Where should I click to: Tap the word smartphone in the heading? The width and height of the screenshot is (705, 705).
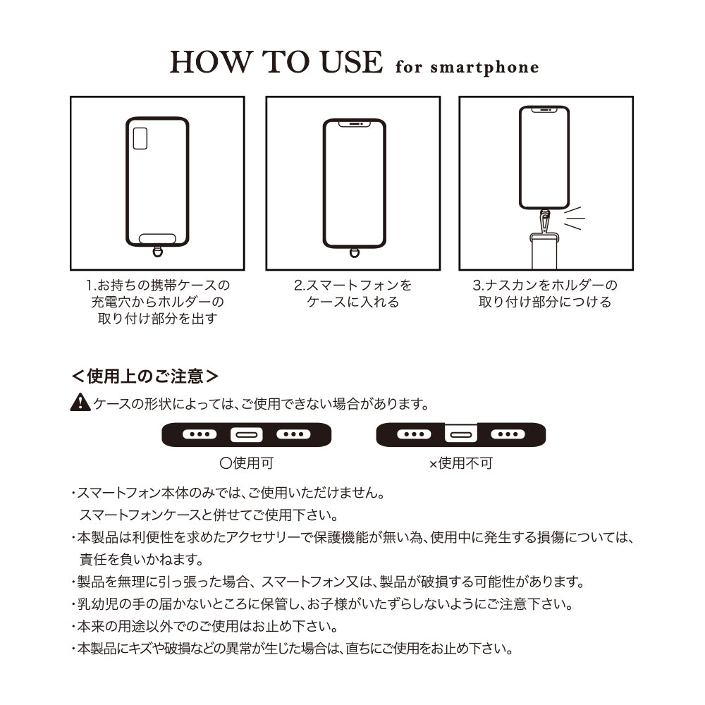484,68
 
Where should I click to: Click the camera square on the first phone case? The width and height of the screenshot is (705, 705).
140,138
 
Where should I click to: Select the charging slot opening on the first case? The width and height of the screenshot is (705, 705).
157,238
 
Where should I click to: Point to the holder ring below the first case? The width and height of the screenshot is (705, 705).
157,251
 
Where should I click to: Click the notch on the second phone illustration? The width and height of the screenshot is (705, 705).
355,123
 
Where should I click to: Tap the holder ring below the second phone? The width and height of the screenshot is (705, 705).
355,252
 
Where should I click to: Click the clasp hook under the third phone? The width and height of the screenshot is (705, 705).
545,221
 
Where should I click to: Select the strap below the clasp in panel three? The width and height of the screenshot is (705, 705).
544,251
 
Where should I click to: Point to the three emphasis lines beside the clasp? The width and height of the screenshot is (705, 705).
574,219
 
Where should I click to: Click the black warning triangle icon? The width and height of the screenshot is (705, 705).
80,402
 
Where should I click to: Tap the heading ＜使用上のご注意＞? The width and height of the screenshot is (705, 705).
145,376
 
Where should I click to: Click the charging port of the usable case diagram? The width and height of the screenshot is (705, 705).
246,435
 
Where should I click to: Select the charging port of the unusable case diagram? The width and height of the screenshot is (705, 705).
461,434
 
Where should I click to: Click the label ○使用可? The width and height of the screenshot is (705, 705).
246,463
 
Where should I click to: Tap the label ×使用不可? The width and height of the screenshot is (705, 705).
461,463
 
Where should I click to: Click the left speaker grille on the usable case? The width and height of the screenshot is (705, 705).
200,434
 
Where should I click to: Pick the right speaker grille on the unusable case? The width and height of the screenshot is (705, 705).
508,434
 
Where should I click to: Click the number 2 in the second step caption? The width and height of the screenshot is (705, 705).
298,286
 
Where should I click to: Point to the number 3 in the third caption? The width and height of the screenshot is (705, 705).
477,286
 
